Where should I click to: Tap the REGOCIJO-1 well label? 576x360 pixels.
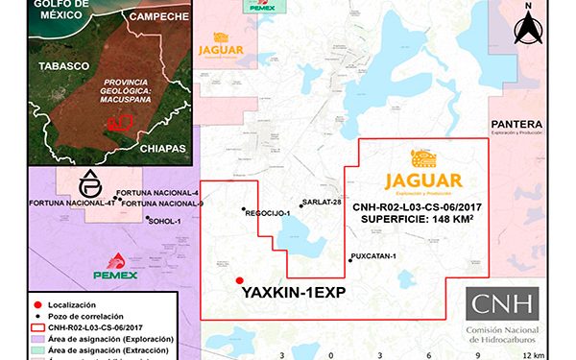pos(268,213)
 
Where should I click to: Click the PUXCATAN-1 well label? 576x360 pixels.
pos(373,257)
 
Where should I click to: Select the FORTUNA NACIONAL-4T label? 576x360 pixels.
pos(72,204)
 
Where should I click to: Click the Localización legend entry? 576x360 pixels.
pos(43,304)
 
